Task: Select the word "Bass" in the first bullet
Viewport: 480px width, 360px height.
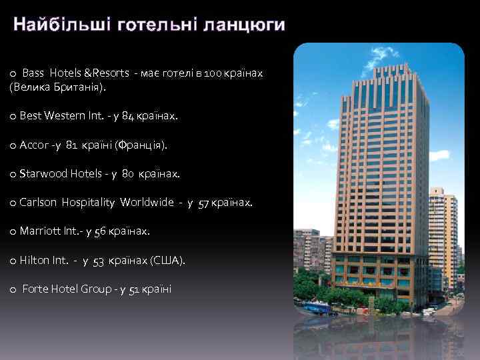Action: pyautogui.click(x=33, y=73)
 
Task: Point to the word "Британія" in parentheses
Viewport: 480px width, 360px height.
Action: pyautogui.click(x=81, y=87)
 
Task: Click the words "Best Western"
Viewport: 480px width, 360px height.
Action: pyautogui.click(x=48, y=116)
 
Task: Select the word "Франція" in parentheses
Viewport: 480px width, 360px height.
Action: pyautogui.click(x=141, y=145)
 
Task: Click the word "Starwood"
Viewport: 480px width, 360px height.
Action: pyautogui.click(x=42, y=174)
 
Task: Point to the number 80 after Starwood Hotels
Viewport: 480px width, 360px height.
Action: pyautogui.click(x=128, y=174)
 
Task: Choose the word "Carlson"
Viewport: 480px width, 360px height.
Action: pyautogui.click(x=39, y=203)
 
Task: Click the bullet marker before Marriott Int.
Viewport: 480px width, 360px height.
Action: pyautogui.click(x=13, y=232)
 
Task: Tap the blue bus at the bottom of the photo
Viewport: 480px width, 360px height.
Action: pyautogui.click(x=315, y=307)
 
